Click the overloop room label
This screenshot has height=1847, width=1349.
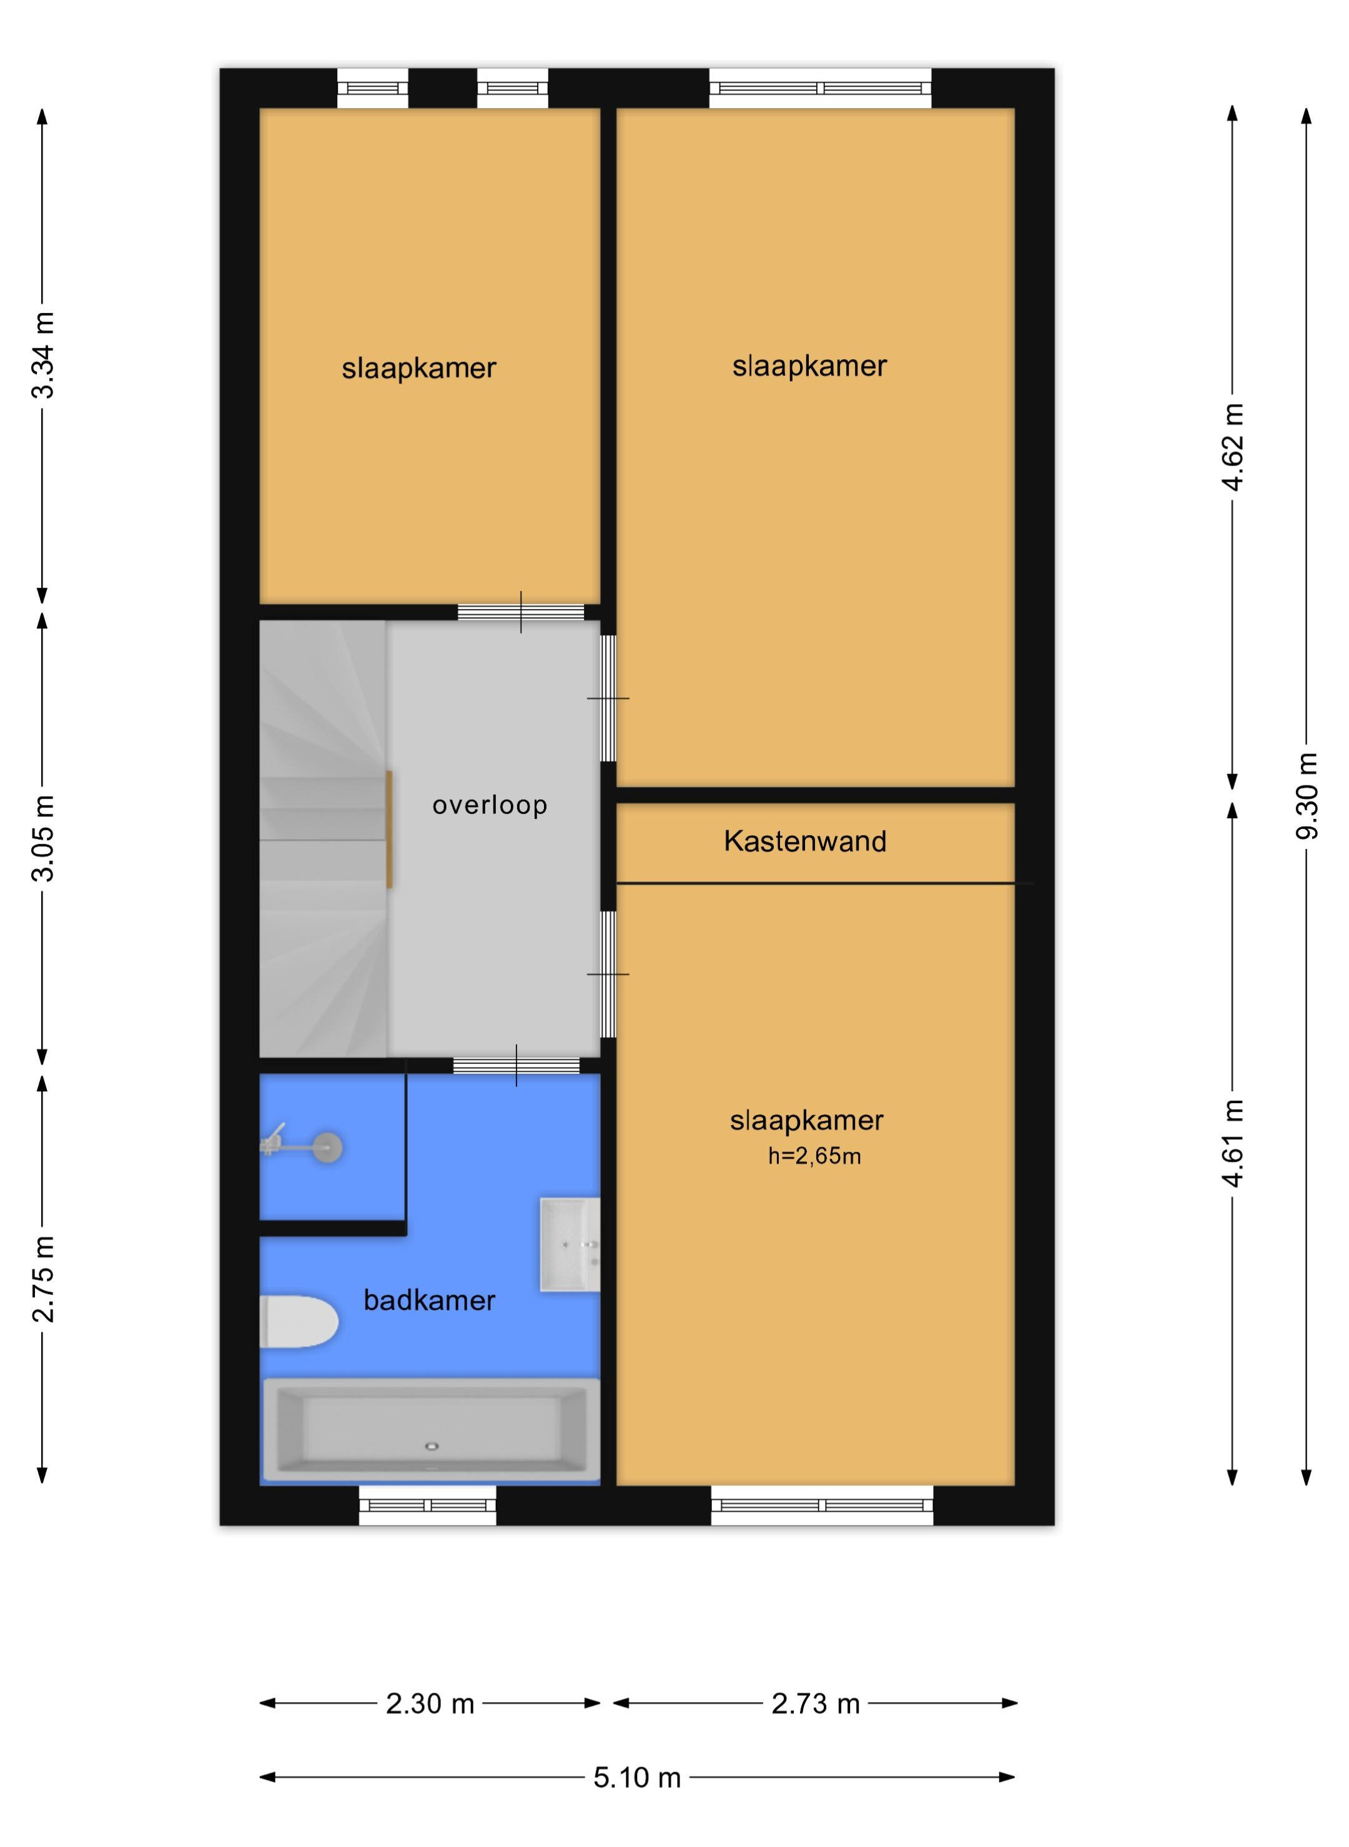[x=489, y=805]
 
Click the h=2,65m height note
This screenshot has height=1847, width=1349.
[x=814, y=1156]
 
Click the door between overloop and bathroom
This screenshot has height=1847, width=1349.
[x=516, y=1066]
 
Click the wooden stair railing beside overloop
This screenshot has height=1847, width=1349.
[x=390, y=829]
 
